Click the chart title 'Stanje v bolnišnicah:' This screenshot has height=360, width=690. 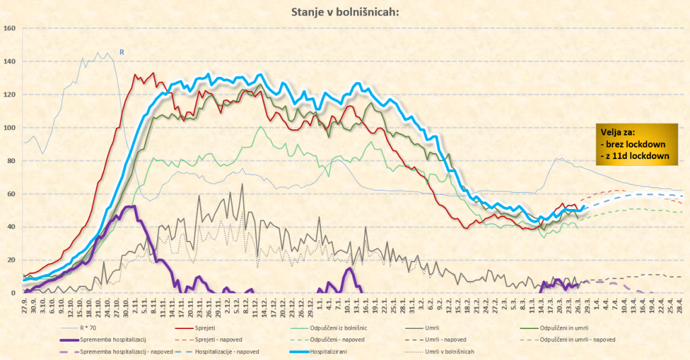(x=344, y=11)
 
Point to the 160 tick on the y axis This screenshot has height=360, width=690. (x=9, y=28)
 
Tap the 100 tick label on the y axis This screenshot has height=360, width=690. (x=9, y=127)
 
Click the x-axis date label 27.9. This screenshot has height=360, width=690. (x=24, y=306)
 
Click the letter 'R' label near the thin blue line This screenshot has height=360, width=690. (x=121, y=51)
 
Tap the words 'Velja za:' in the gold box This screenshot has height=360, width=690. (x=617, y=132)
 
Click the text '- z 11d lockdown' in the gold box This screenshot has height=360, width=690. (x=637, y=156)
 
